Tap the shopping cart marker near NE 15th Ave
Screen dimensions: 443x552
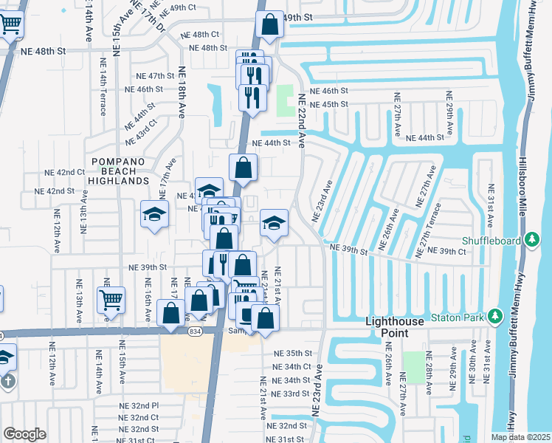(x=111, y=300)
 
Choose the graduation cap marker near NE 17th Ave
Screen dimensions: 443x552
(x=154, y=215)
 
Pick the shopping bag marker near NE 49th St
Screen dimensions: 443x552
(x=270, y=25)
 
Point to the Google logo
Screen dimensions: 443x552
(x=24, y=434)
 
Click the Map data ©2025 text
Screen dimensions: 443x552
(x=521, y=437)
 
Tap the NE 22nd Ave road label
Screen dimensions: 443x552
(x=301, y=120)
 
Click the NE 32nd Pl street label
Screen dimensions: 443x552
(x=139, y=405)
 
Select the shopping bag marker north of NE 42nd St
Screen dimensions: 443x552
(x=243, y=168)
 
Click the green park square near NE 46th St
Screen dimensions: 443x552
(x=285, y=100)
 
